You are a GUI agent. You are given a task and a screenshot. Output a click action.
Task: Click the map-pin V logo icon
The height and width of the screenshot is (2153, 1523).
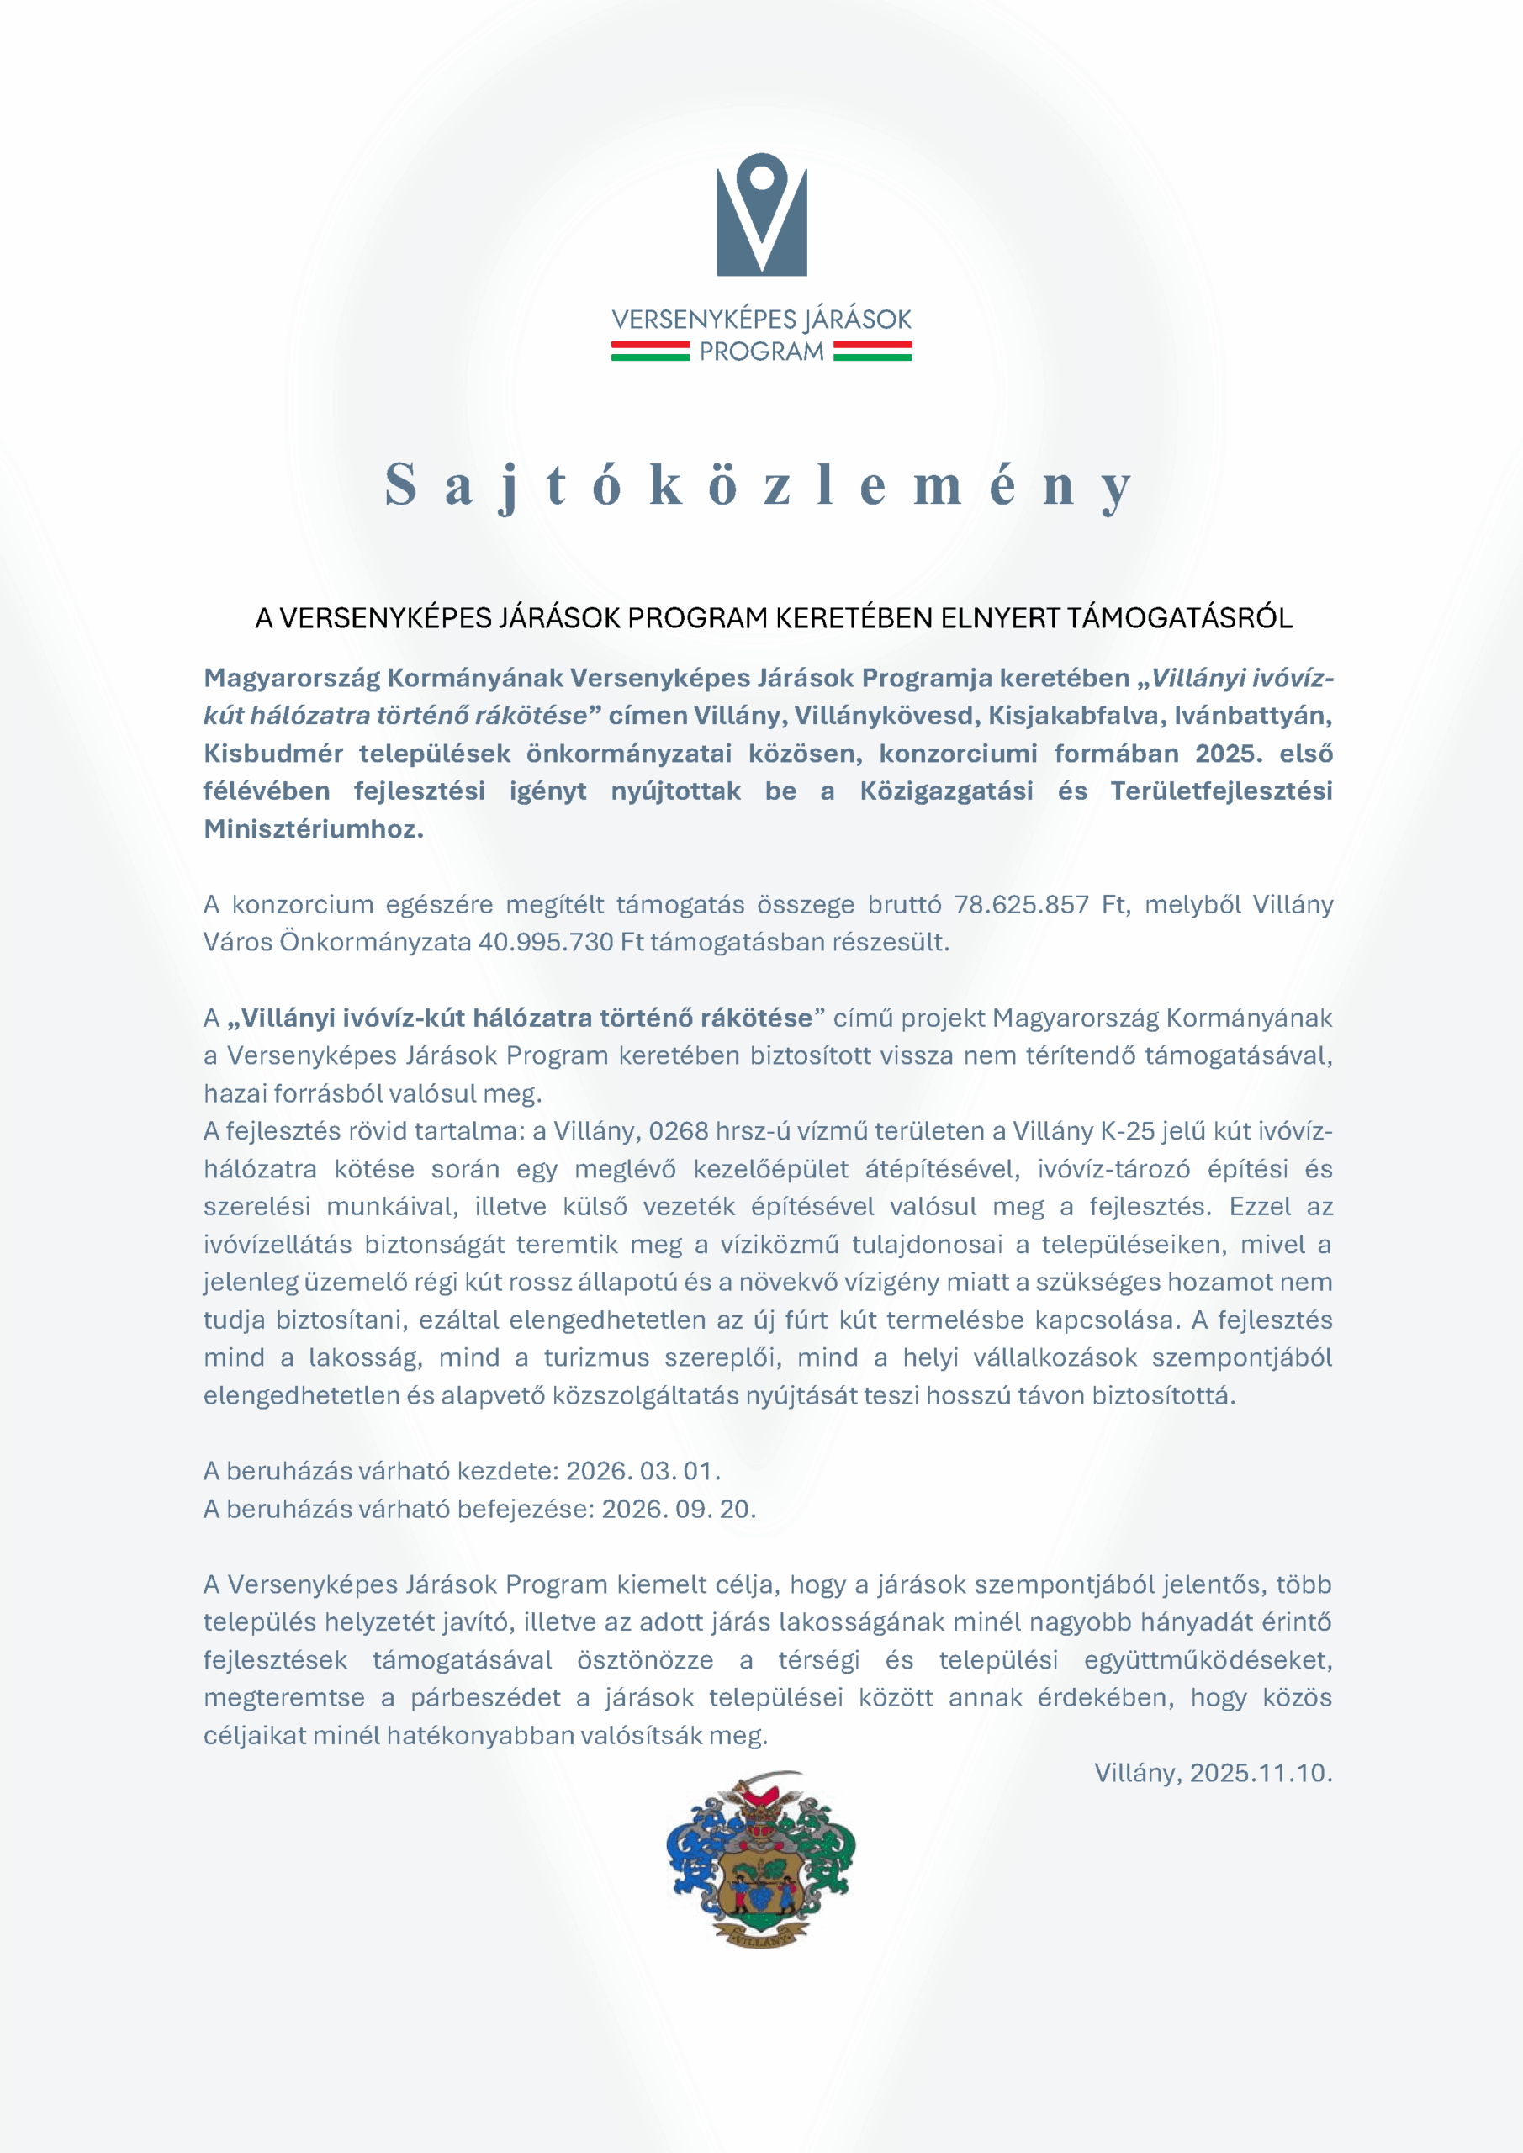tap(762, 214)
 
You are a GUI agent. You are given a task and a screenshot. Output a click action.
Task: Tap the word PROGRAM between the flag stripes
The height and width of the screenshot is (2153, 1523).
tap(762, 352)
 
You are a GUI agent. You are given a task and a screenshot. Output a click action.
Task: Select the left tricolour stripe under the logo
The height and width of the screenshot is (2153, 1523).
tap(650, 352)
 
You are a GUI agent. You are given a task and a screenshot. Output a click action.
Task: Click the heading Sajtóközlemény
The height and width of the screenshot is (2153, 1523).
tap(760, 486)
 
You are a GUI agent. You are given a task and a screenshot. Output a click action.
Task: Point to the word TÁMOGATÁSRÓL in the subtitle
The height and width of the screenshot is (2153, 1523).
tap(1179, 618)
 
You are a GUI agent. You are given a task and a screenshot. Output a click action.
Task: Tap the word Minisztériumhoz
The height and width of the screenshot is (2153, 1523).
tap(313, 829)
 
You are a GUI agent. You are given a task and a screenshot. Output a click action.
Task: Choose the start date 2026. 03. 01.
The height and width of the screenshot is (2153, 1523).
tap(643, 1470)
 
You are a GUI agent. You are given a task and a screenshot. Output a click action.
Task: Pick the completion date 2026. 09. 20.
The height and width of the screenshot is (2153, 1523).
tap(678, 1509)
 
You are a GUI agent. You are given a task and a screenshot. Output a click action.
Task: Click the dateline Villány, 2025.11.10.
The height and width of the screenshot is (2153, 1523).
tap(1213, 1772)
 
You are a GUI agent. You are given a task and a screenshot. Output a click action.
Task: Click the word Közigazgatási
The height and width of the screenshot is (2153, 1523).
tap(946, 791)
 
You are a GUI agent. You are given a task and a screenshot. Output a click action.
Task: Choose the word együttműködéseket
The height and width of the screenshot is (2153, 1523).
tap(1208, 1660)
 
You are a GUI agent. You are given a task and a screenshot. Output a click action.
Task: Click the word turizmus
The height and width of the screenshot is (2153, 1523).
tap(596, 1357)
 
